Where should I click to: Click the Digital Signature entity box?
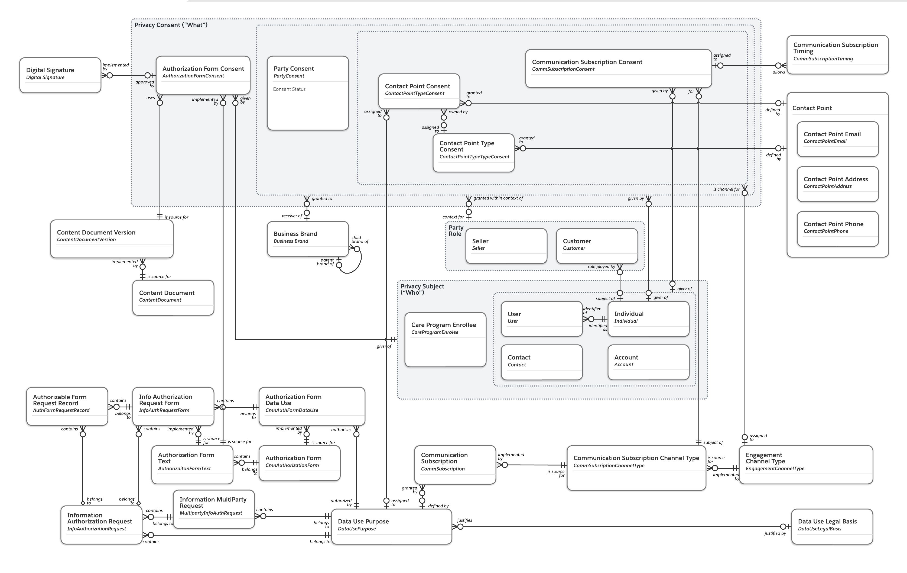tap(60, 75)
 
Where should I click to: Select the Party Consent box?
tap(308, 93)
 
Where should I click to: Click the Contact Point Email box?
tap(838, 139)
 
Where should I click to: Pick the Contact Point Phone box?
tap(838, 228)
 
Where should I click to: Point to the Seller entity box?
tap(506, 246)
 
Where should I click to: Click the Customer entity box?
tap(597, 246)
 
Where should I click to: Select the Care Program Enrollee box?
tap(445, 339)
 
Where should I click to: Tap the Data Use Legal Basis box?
tap(832, 526)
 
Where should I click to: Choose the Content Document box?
tap(173, 297)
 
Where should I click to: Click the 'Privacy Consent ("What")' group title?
tap(171, 25)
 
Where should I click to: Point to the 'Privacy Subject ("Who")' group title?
tap(422, 289)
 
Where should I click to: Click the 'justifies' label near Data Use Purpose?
tap(464, 520)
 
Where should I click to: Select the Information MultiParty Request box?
tap(214, 509)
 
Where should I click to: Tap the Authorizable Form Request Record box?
tap(67, 406)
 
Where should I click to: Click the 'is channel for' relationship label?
tap(726, 189)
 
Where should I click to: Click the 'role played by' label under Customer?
tap(601, 266)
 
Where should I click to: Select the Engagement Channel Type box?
tap(806, 464)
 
